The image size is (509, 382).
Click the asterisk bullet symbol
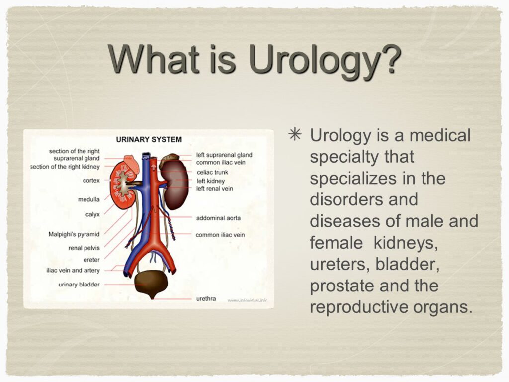pos(295,134)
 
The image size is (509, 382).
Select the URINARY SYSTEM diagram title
pos(149,139)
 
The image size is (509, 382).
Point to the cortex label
pos(91,180)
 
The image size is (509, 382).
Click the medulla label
pos(88,199)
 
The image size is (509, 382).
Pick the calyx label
pos(92,214)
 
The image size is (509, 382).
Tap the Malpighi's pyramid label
pos(74,234)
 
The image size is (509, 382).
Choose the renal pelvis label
pos(84,248)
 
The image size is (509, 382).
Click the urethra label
pos(206,298)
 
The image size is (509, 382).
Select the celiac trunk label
pos(212,172)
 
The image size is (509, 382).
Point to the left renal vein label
pos(215,189)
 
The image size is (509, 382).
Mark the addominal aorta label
pos(218,218)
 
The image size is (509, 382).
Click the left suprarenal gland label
pos(224,155)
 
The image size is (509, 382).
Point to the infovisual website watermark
pos(248,300)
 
